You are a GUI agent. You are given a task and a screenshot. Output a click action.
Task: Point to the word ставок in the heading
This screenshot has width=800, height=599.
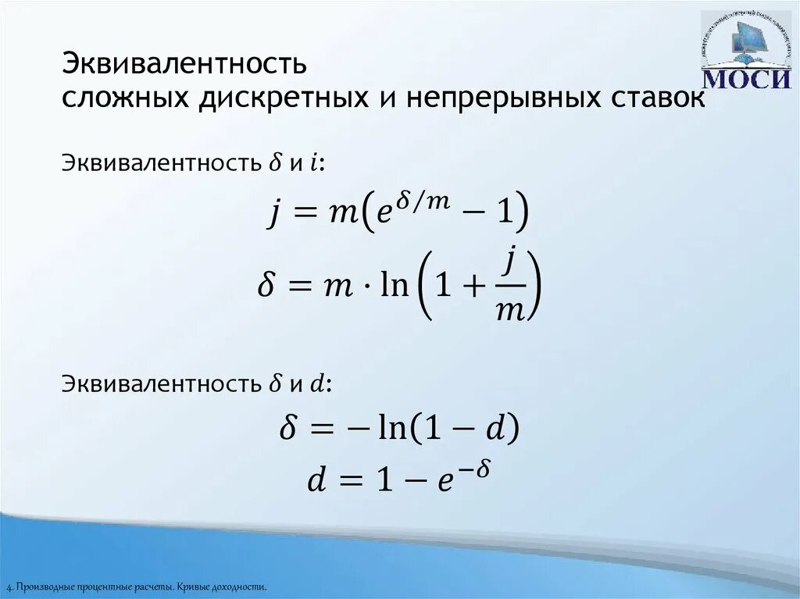click(655, 98)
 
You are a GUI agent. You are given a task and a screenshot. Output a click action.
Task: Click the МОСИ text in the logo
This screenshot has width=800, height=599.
click(746, 79)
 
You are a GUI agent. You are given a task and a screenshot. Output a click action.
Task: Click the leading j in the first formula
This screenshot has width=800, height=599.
click(274, 214)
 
